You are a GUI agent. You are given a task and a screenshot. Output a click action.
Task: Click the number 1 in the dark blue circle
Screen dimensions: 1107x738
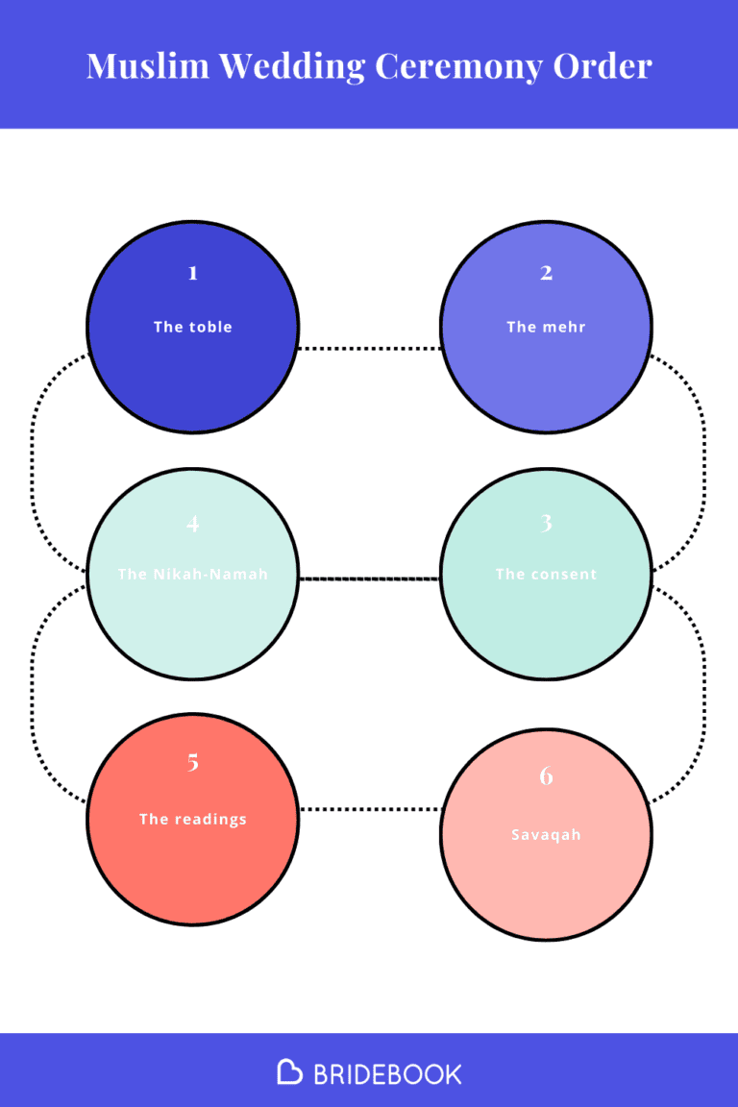pyautogui.click(x=193, y=273)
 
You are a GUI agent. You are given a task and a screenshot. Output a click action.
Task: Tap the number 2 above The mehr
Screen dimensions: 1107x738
pyautogui.click(x=546, y=273)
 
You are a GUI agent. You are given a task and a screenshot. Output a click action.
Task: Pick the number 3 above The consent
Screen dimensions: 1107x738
pyautogui.click(x=546, y=524)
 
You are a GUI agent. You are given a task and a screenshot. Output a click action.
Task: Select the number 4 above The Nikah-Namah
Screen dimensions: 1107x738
pyautogui.click(x=193, y=524)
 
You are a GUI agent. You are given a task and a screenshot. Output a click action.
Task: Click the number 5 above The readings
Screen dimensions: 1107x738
pyautogui.click(x=193, y=763)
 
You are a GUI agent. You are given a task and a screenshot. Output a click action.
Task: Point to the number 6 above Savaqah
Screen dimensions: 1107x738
pyautogui.click(x=546, y=776)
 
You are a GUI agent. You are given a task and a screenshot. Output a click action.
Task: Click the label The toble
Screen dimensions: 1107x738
pyautogui.click(x=193, y=327)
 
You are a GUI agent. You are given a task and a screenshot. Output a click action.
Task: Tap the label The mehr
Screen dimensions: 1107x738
pyautogui.click(x=546, y=327)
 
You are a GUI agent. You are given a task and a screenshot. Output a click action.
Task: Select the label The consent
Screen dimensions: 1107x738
pyautogui.click(x=546, y=575)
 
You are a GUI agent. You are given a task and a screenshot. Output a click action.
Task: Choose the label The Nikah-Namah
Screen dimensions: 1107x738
pyautogui.click(x=193, y=575)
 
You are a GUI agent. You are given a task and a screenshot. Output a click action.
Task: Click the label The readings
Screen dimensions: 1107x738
pyautogui.click(x=193, y=820)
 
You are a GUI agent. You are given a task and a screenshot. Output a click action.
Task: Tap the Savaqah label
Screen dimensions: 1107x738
pyautogui.click(x=546, y=835)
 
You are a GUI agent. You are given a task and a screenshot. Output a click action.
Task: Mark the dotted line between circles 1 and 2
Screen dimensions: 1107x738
pyautogui.click(x=370, y=348)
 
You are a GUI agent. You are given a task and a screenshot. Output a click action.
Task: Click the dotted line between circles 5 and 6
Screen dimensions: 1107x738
pyautogui.click(x=370, y=809)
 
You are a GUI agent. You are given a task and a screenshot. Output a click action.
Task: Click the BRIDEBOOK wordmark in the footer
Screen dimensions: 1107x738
pyautogui.click(x=387, y=1073)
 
